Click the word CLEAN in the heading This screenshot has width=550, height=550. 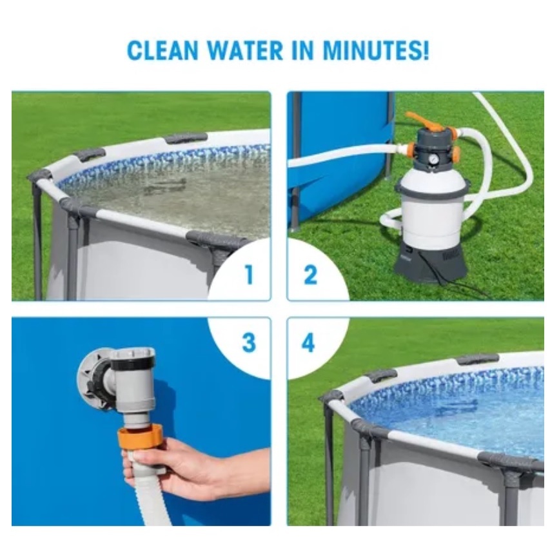162,50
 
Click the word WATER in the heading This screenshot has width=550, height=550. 245,50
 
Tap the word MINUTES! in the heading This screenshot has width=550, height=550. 375,50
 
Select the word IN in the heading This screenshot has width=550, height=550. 302,50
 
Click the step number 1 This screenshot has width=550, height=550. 249,275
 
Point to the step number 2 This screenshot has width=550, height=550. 310,275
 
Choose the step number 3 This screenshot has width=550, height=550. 249,342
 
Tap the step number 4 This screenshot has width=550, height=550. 308,342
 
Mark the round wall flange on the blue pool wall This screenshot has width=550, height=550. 92,378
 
